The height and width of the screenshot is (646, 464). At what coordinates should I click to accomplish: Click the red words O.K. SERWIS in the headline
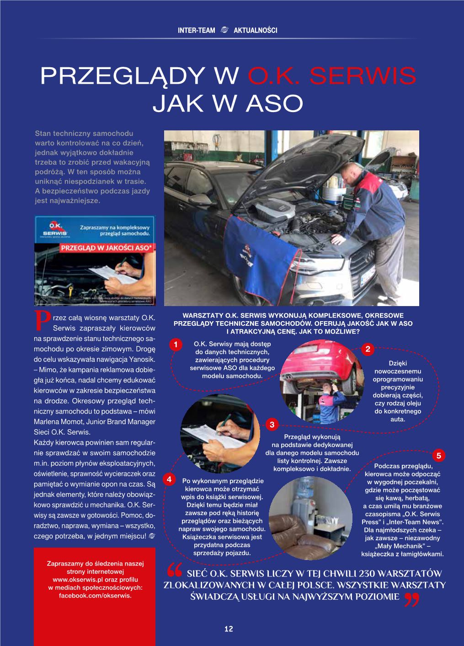coord(332,75)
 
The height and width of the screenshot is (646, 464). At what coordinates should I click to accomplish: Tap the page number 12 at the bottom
coord(229,629)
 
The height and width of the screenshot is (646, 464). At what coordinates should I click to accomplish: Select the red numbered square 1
coord(174,345)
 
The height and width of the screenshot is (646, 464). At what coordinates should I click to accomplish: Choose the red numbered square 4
coord(169,479)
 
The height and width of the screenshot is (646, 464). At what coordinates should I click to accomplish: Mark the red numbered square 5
coord(438,455)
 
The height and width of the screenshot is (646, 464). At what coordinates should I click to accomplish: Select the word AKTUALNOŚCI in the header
coord(256,31)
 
